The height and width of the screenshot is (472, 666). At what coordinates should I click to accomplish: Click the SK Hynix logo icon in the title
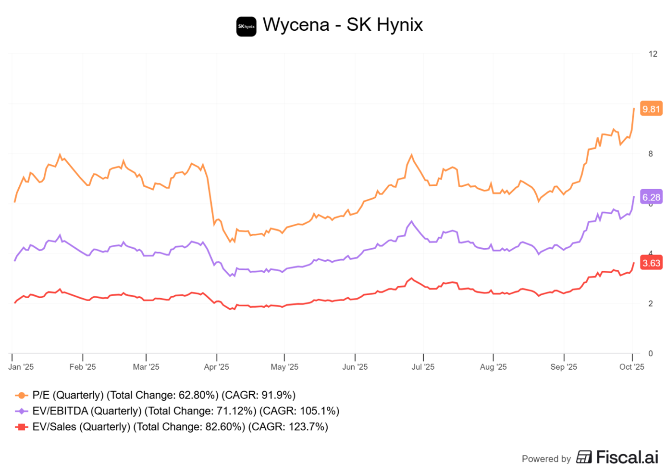[246, 26]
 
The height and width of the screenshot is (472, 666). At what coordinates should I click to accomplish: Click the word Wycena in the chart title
[296, 24]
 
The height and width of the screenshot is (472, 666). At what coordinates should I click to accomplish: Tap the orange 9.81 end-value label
[651, 109]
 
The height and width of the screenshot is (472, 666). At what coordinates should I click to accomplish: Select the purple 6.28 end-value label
[651, 197]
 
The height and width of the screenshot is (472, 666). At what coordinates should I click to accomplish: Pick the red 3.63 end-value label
[651, 263]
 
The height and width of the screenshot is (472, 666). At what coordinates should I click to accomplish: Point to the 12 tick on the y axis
[653, 54]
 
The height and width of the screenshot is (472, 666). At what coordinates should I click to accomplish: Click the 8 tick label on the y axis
[651, 154]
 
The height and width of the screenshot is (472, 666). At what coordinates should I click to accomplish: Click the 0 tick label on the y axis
[651, 353]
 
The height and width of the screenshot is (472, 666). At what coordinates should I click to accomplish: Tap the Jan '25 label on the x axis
[21, 367]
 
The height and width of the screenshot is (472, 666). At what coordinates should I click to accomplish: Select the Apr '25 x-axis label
[216, 367]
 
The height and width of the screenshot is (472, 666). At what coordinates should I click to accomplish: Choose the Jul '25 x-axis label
[423, 367]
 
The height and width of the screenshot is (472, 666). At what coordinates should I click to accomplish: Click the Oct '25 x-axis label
[631, 367]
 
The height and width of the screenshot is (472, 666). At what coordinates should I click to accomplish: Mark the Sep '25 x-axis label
[564, 367]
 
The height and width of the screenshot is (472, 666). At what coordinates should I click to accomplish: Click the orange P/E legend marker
[21, 395]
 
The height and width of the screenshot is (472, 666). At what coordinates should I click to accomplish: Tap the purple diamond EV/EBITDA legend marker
[21, 411]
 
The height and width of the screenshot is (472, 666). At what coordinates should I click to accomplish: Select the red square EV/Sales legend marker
[21, 427]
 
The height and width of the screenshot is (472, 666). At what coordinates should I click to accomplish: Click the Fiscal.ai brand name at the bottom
[627, 458]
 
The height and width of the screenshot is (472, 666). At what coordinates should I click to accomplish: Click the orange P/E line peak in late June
[412, 155]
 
